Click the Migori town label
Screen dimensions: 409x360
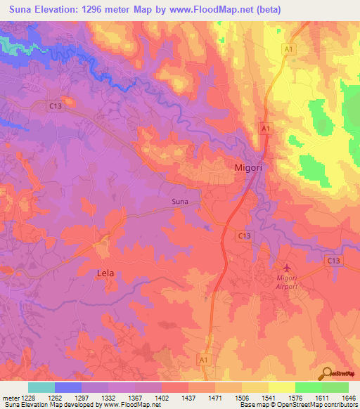pos(249,167)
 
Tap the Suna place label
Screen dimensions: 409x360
pos(180,202)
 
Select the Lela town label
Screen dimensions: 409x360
pos(105,273)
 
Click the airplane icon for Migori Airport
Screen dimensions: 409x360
pos(286,268)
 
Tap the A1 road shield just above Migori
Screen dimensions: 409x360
pos(265,129)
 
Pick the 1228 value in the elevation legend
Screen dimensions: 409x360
pos(27,397)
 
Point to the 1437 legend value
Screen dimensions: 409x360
pos(188,397)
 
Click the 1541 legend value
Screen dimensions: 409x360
pos(268,397)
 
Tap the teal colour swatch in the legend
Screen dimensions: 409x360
pos(41,387)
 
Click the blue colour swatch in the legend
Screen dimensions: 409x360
pos(67,387)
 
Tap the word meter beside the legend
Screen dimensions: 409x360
pos(10,397)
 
